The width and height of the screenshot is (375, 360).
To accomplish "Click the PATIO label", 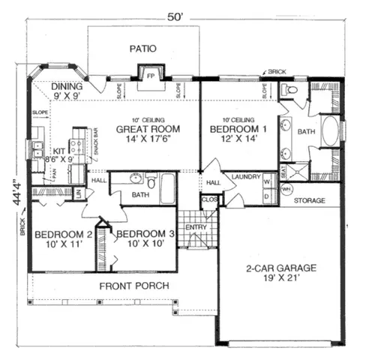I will click(x=142, y=49).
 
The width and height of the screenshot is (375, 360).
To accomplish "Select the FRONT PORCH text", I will click(x=133, y=286).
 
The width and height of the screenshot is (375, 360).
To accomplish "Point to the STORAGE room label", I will click(x=308, y=201).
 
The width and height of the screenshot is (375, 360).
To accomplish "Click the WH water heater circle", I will click(x=286, y=189).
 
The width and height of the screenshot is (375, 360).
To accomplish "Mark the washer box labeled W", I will click(x=266, y=181).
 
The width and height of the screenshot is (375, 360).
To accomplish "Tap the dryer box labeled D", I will click(x=266, y=196).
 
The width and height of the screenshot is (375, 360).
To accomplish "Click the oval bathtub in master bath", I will click(x=331, y=131).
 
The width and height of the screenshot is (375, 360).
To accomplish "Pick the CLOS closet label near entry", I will click(x=209, y=200).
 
